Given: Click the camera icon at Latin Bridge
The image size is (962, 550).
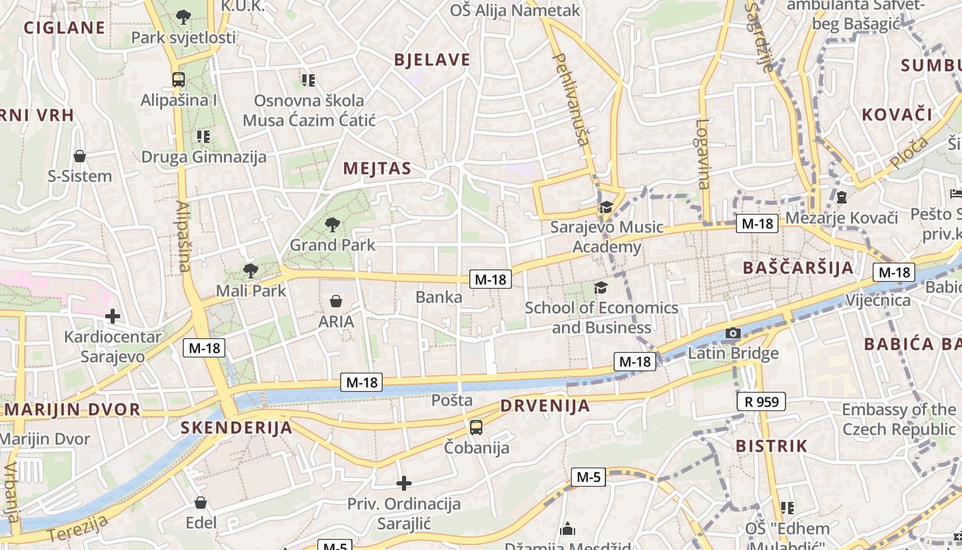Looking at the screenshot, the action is pos(733,333).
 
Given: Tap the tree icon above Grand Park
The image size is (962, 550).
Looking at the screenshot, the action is pos(333,223).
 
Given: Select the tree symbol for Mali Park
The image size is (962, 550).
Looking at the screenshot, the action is pos(251,270).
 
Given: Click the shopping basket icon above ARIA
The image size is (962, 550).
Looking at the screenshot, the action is pos(336,301).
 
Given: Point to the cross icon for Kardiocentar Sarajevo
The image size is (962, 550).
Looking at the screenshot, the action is pos(113,316).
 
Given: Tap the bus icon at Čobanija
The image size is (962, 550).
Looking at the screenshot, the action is pos(476,428).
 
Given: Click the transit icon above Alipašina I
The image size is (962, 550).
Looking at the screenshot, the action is pos(179,79).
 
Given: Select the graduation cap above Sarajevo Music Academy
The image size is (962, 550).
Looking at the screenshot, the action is pos(606,207).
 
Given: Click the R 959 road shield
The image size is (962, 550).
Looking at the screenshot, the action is pos(761,401).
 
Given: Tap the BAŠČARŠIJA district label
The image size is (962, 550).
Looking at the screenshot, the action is pos(798,267).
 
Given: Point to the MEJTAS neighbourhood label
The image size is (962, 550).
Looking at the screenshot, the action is pos(377,168).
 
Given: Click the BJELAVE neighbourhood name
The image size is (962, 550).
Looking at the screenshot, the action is pos(432,60).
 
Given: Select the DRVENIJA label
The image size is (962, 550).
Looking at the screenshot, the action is pos(545,406).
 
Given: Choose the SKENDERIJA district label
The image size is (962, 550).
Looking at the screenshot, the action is pos(236,428).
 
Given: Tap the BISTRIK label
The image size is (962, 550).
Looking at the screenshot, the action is pos(772,445).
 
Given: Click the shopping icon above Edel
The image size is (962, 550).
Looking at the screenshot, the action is pos(201,503).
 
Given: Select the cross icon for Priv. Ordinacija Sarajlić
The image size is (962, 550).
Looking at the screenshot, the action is pos(404,483).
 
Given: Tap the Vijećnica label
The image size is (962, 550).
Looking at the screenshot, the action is pos(877,300).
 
